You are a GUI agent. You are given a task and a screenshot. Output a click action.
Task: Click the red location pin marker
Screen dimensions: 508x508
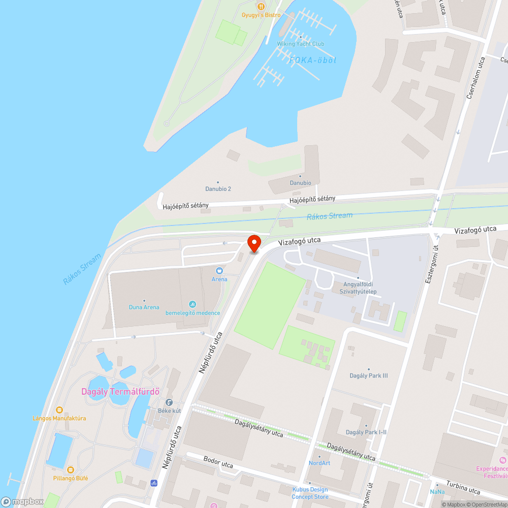click(254, 243)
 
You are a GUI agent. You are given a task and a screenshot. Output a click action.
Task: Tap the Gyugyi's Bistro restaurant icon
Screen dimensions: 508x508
click(261, 7)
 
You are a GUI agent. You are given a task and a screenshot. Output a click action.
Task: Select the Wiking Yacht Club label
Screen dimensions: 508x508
click(300, 44)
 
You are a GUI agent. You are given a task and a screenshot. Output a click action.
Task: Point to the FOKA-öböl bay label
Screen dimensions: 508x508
click(313, 60)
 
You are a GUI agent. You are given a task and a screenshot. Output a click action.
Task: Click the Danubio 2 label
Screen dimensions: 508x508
click(218, 189)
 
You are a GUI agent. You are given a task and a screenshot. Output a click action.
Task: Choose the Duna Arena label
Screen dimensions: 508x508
click(144, 307)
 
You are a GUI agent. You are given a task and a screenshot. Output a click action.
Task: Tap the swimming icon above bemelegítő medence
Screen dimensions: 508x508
click(193, 304)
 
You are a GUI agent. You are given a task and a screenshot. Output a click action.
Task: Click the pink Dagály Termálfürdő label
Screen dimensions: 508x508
click(121, 392)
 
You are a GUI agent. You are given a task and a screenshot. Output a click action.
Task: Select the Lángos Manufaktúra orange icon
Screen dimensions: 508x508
click(59, 409)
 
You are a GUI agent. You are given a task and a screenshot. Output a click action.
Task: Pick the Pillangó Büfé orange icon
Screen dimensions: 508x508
click(71, 469)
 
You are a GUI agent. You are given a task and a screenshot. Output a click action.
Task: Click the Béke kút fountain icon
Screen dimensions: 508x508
click(169, 402)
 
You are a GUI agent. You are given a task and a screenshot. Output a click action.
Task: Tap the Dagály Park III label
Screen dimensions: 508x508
click(369, 375)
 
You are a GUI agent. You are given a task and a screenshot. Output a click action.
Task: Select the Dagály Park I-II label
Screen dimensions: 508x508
click(366, 432)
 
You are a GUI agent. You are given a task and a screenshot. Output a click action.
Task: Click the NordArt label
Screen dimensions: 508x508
click(320, 463)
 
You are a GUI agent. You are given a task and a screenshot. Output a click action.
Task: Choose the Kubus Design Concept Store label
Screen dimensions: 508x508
click(310, 493)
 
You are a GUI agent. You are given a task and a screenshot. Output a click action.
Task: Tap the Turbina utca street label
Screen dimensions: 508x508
click(463, 487)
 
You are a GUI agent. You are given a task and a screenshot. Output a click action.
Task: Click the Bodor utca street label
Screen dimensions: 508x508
click(218, 465)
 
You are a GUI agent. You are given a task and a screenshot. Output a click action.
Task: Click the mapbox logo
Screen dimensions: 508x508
click(22, 501)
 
